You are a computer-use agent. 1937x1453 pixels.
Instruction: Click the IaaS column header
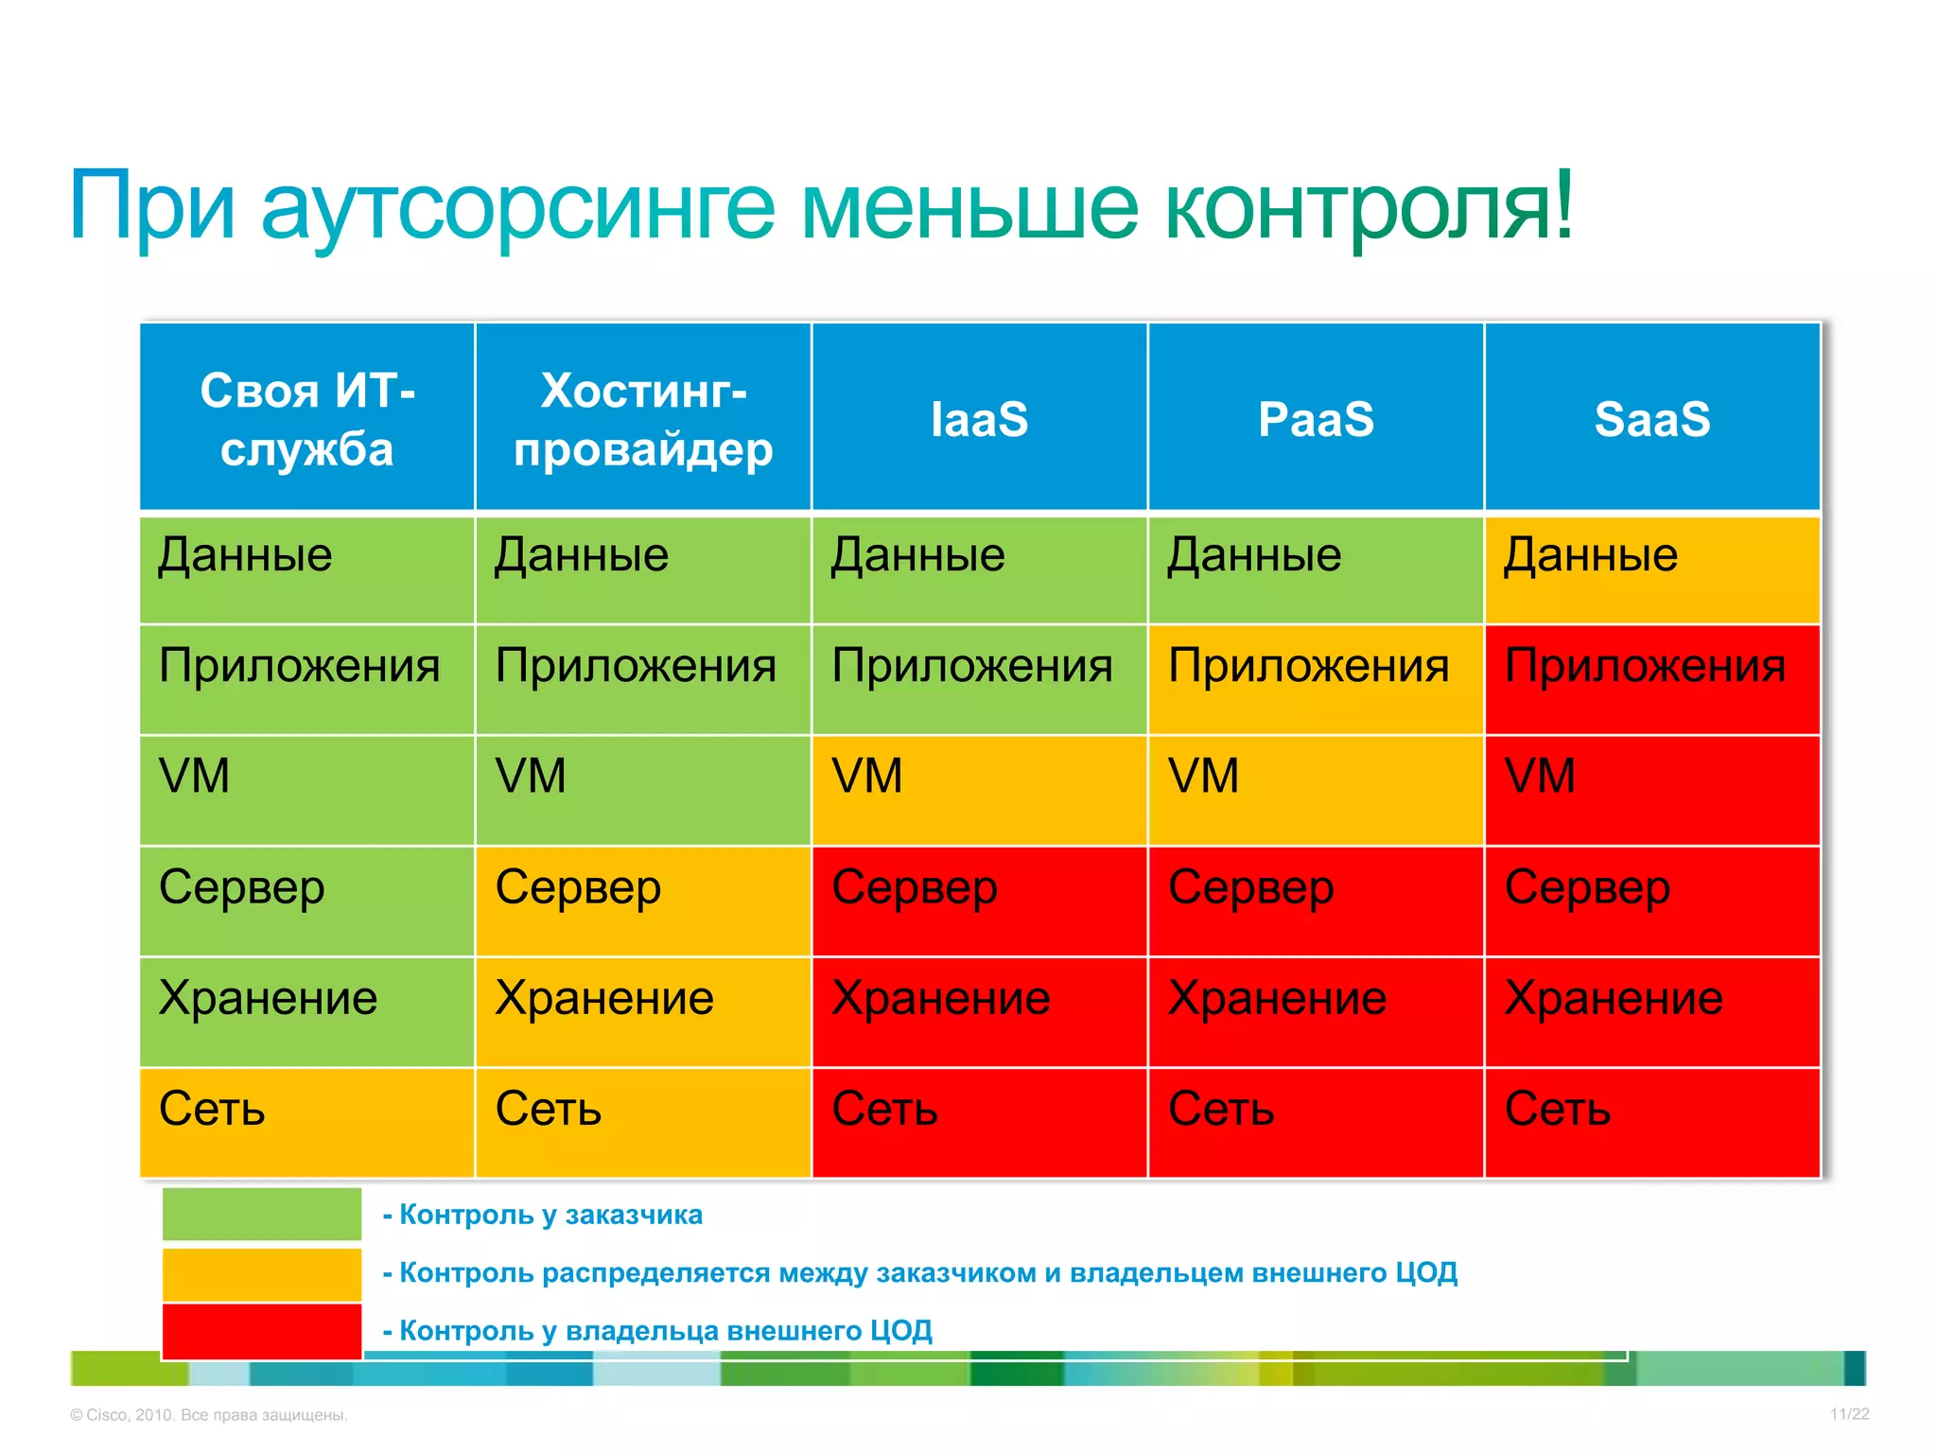(979, 417)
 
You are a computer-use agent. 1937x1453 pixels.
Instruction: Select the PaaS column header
(1316, 417)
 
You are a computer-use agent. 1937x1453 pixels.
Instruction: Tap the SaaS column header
(1652, 417)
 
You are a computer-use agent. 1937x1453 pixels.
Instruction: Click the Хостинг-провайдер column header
(643, 417)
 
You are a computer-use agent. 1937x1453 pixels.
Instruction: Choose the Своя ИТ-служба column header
(306, 417)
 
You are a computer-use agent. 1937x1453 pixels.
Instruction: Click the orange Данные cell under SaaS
(1652, 569)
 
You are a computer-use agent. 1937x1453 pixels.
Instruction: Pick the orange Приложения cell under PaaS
(1316, 679)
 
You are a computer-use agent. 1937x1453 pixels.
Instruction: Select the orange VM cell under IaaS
(979, 790)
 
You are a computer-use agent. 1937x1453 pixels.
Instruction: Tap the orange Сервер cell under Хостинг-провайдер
(643, 901)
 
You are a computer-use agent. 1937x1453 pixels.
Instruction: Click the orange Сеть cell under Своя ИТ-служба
(306, 1122)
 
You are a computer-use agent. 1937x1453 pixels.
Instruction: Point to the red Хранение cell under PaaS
(1316, 1011)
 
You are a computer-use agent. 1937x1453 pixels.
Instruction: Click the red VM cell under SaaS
(1652, 790)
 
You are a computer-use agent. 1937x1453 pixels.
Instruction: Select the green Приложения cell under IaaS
(979, 679)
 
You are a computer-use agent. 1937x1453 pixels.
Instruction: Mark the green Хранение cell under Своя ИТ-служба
(306, 1011)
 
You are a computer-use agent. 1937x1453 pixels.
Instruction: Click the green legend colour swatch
(262, 1214)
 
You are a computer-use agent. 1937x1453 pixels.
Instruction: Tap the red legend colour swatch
(262, 1331)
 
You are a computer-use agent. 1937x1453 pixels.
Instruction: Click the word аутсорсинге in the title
(517, 206)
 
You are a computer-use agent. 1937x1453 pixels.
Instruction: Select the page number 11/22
(1849, 1414)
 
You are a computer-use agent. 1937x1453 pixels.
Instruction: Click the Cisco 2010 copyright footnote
(209, 1415)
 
